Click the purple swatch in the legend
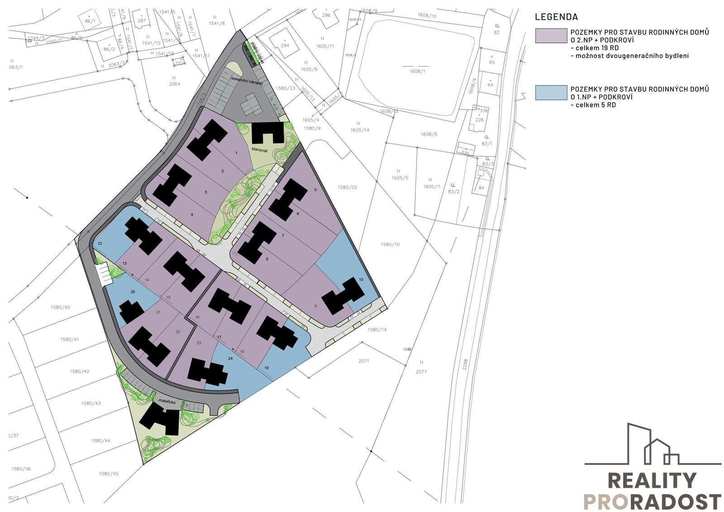(551, 36)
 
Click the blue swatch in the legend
(551, 92)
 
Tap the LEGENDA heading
(556, 17)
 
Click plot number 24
(230, 359)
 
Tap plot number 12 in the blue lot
(100, 244)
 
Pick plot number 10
(361, 280)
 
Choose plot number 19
(267, 368)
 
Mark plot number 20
(133, 292)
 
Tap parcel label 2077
(421, 372)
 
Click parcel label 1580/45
(108, 474)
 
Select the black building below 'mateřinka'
(160, 420)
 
